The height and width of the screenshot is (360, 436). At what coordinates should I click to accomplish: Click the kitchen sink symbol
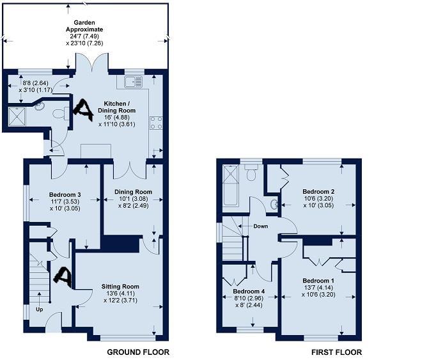[x=134, y=82]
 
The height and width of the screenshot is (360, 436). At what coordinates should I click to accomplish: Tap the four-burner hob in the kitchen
[x=156, y=123]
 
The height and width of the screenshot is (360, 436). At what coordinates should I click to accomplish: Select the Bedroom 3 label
[x=65, y=195]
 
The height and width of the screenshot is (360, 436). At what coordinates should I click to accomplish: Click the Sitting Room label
[x=120, y=286]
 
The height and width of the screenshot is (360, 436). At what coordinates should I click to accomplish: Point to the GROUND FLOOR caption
[x=138, y=352]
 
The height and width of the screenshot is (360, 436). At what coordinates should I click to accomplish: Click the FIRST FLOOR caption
[x=336, y=352]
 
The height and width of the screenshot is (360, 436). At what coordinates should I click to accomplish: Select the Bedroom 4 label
[x=249, y=292]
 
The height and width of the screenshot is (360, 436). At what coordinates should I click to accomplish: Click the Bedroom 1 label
[x=318, y=281]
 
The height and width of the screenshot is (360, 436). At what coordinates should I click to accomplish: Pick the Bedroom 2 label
[x=318, y=192]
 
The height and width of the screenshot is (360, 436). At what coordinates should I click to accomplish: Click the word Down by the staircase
[x=261, y=226]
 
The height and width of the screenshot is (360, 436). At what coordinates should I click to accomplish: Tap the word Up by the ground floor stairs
[x=40, y=309]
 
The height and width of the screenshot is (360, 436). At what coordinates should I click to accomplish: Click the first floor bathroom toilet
[x=252, y=173]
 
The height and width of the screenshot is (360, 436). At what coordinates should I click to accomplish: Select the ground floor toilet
[x=61, y=113]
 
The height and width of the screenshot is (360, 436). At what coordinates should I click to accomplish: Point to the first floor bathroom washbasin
[x=274, y=205]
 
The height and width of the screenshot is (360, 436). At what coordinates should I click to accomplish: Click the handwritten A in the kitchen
[x=83, y=110]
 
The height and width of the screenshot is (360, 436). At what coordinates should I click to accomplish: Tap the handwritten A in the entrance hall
[x=63, y=276]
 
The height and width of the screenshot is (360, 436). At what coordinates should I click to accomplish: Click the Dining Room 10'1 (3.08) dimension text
[x=133, y=199]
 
